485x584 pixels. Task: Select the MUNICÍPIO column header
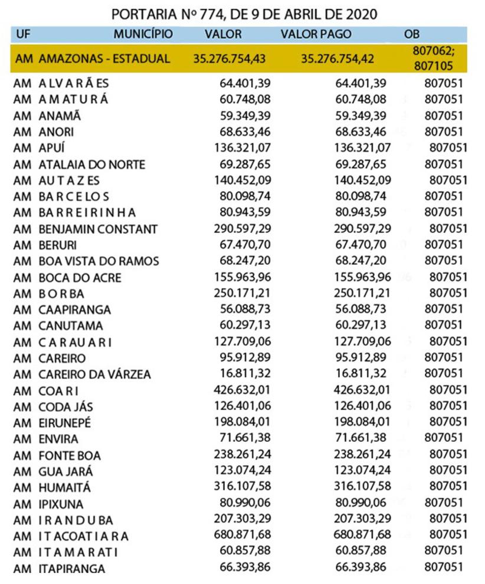(x=143, y=34)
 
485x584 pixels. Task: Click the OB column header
(x=411, y=34)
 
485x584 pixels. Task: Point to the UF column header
(x=24, y=34)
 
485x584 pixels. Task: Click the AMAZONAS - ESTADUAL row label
(x=104, y=58)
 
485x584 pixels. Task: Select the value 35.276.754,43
(x=230, y=58)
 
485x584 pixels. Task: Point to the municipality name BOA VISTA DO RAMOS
(x=99, y=261)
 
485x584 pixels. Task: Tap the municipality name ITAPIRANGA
(x=71, y=569)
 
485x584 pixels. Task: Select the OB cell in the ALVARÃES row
(x=443, y=83)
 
